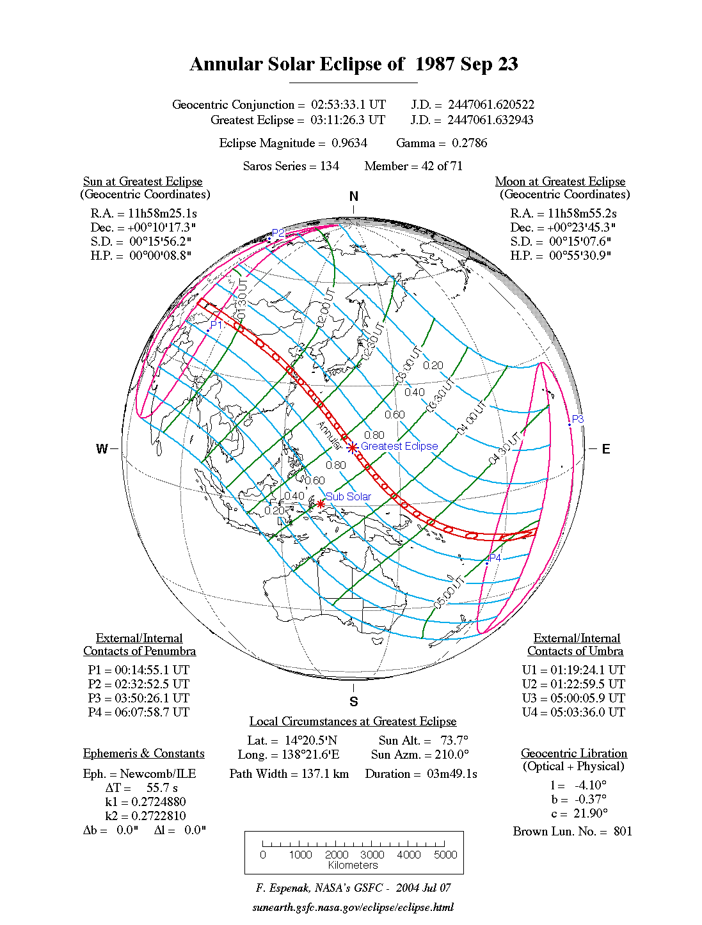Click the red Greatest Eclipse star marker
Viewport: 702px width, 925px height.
(x=352, y=447)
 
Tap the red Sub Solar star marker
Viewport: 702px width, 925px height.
(x=321, y=504)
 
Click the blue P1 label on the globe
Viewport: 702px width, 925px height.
(x=216, y=325)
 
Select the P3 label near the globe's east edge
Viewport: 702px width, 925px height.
(x=577, y=419)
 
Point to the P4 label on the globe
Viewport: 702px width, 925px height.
(x=495, y=558)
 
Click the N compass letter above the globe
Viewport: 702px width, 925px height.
(x=353, y=196)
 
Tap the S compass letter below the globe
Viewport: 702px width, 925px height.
(x=353, y=702)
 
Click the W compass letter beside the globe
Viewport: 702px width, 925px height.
(x=102, y=448)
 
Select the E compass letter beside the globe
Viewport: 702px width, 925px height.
(x=605, y=448)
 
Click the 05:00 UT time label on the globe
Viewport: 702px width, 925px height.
(x=448, y=592)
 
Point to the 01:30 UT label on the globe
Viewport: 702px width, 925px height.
(x=241, y=300)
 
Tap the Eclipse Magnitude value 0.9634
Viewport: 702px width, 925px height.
(x=349, y=143)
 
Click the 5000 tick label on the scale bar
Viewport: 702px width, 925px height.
(x=445, y=855)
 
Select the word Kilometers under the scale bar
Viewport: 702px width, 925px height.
(x=353, y=865)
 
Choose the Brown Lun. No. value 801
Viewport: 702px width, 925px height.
(x=622, y=831)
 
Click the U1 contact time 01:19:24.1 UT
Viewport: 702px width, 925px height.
(x=587, y=670)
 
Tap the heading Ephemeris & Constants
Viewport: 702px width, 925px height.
(x=143, y=753)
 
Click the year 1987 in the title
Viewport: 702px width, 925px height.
(x=435, y=64)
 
